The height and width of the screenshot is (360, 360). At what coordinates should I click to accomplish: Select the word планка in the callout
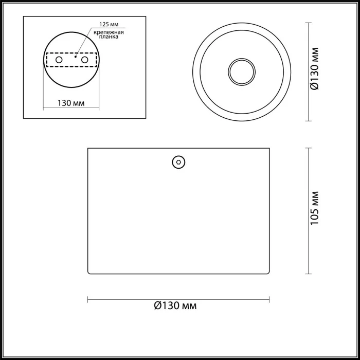coord(109,37)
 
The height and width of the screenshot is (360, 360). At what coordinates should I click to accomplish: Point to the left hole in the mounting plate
coord(59,60)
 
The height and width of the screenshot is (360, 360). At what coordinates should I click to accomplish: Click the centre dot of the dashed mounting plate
coord(75,58)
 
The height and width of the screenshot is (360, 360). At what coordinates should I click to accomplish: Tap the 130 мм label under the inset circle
coord(71,102)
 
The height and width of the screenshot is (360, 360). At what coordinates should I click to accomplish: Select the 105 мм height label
coord(316,208)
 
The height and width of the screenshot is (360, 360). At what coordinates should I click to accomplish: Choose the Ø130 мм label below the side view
coord(175,305)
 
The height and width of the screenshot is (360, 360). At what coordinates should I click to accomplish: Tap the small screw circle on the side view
coord(178,161)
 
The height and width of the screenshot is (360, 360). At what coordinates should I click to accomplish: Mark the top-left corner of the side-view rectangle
coord(88,149)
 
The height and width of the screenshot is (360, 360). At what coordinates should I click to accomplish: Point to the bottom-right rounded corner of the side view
coord(268,273)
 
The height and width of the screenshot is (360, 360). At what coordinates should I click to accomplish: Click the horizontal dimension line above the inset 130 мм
coord(71,109)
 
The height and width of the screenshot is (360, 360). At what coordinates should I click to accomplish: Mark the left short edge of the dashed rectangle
coord(47,60)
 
